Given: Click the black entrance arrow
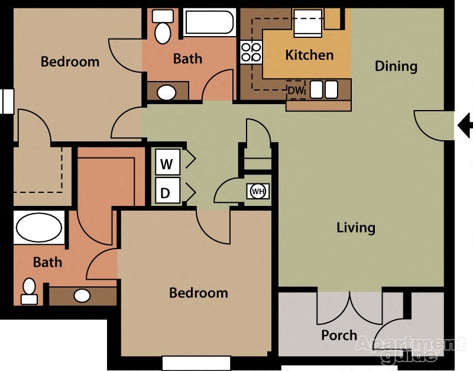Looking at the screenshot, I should point(466,124).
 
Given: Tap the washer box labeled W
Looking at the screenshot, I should point(167,163).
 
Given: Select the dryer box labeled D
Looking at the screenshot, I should point(167,192).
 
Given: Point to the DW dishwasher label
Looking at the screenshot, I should point(295,91).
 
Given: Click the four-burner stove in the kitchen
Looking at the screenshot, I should point(251,52).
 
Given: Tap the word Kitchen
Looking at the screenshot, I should point(309,55).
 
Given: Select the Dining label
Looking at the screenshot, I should point(396,66).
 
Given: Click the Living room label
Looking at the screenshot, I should point(356,227).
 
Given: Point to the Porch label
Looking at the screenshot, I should point(339,335).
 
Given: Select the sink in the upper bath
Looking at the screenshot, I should point(167,92).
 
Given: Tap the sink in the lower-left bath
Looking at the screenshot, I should point(82,295).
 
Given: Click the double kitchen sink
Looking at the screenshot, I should point(323,89).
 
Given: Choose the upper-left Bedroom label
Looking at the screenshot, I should point(70,62).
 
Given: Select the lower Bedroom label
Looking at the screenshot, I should point(199,293).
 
